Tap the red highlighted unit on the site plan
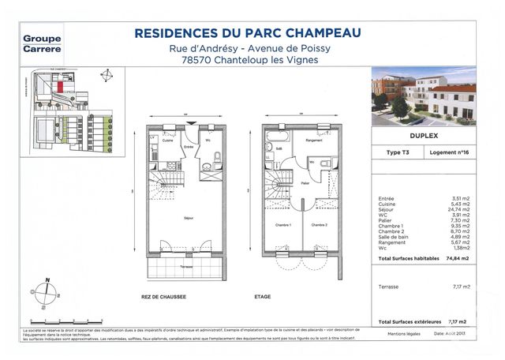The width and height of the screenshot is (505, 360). click(x=71, y=85)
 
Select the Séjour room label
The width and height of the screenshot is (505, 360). click(x=190, y=218)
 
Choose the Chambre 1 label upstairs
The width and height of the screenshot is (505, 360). click(x=284, y=226)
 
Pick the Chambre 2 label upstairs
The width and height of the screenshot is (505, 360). click(x=319, y=226)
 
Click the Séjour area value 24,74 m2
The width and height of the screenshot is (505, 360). click(x=458, y=213)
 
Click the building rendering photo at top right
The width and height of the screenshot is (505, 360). click(x=424, y=96)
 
